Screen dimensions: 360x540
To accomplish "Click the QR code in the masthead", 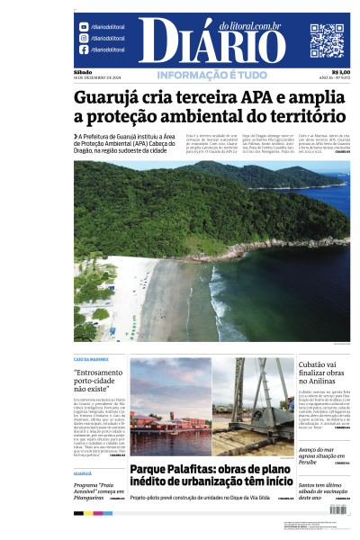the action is click(328, 40).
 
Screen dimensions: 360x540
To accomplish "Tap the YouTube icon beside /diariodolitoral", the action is click(85, 28).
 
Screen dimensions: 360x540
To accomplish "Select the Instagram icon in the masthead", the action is click(85, 39).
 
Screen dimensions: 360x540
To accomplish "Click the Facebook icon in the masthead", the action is click(85, 50).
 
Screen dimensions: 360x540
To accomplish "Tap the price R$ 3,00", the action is click(341, 72).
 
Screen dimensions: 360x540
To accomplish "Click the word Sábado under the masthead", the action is click(83, 72).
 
